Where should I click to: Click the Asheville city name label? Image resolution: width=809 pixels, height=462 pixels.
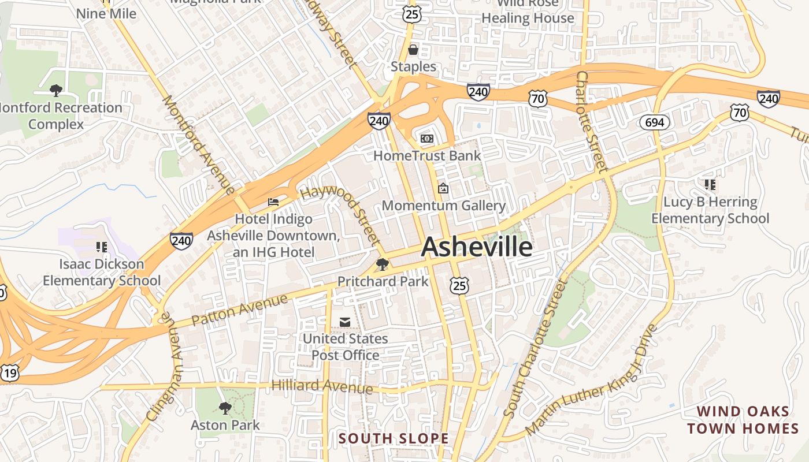pyautogui.click(x=477, y=247)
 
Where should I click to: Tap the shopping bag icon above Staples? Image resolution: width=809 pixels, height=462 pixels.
pyautogui.click(x=413, y=50)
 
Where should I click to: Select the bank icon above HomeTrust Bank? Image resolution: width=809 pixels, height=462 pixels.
pyautogui.click(x=427, y=139)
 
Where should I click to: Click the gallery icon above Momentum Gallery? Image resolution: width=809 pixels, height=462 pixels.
pyautogui.click(x=443, y=188)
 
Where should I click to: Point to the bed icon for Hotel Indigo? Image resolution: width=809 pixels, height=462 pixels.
pyautogui.click(x=273, y=202)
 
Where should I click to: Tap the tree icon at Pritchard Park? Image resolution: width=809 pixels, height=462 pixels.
pyautogui.click(x=382, y=264)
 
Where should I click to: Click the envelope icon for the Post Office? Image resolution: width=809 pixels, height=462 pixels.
pyautogui.click(x=345, y=322)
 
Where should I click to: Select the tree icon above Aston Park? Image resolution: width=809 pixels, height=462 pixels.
pyautogui.click(x=225, y=408)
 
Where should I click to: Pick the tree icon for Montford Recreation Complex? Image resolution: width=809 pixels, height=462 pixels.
pyautogui.click(x=56, y=90)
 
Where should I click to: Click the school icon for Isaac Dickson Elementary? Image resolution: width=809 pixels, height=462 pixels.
pyautogui.click(x=102, y=247)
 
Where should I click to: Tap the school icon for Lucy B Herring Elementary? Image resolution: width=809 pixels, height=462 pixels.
pyautogui.click(x=710, y=185)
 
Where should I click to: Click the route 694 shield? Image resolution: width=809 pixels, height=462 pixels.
pyautogui.click(x=654, y=122)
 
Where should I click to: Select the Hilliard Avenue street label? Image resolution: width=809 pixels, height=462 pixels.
pyautogui.click(x=322, y=386)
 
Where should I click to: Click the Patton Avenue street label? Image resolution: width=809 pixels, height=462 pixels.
pyautogui.click(x=239, y=310)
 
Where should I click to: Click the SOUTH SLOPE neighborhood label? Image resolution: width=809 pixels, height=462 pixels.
pyautogui.click(x=394, y=438)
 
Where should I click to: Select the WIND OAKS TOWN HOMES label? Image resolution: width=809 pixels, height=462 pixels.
pyautogui.click(x=743, y=420)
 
